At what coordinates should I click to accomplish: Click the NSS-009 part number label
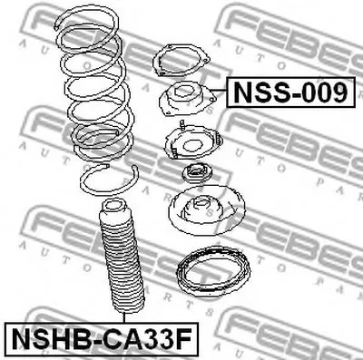tap(290, 92)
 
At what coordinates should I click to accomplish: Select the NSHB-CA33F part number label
tap(102, 339)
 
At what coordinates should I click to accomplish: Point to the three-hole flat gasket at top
tap(181, 60)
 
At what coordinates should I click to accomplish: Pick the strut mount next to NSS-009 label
tap(187, 100)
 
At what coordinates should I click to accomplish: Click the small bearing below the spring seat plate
tap(197, 173)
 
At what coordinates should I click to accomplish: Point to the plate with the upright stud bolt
tap(193, 142)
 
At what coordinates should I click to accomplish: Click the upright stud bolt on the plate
tap(182, 125)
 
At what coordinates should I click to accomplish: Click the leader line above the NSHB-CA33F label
tap(124, 317)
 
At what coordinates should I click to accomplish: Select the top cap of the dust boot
tap(113, 207)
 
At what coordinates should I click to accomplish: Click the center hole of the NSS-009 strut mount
tap(183, 92)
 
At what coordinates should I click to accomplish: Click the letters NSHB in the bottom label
tap(48, 339)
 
